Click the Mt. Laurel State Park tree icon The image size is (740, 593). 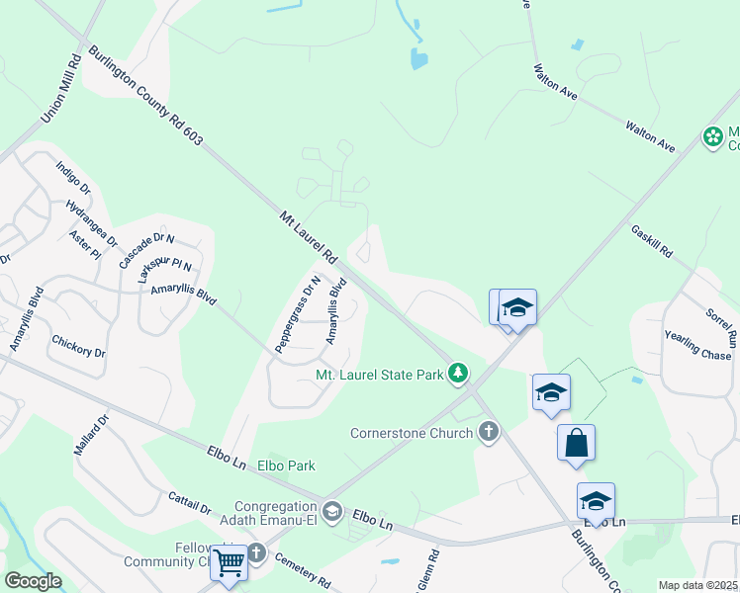(x=457, y=374)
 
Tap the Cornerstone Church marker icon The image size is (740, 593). (x=487, y=432)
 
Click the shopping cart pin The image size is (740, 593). (x=230, y=563)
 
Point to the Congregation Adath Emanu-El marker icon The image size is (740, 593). (x=332, y=510)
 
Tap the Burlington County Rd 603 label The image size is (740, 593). (x=144, y=96)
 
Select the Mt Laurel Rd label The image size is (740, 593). (x=309, y=237)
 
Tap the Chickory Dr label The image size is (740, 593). (x=77, y=346)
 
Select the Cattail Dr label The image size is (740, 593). (x=189, y=503)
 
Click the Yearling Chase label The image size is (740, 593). (x=698, y=346)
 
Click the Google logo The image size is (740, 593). (x=33, y=581)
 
